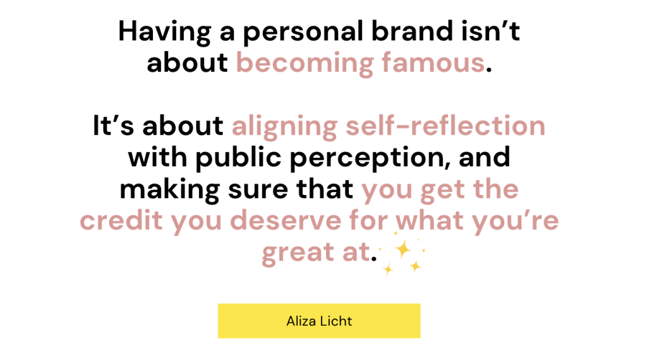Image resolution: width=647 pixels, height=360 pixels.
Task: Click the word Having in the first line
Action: (x=165, y=32)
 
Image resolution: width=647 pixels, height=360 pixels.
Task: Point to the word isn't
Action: (x=490, y=31)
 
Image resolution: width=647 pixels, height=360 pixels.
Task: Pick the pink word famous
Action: (x=433, y=63)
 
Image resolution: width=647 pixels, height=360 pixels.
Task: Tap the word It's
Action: (x=114, y=125)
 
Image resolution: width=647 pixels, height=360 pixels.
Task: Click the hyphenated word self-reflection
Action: (x=445, y=125)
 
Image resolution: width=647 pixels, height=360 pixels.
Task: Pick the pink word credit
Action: (x=121, y=220)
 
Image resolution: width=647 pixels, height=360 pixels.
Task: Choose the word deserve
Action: (x=286, y=220)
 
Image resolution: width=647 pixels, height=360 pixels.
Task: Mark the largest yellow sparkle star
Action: (x=402, y=249)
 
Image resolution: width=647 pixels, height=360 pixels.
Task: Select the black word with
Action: (x=157, y=157)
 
